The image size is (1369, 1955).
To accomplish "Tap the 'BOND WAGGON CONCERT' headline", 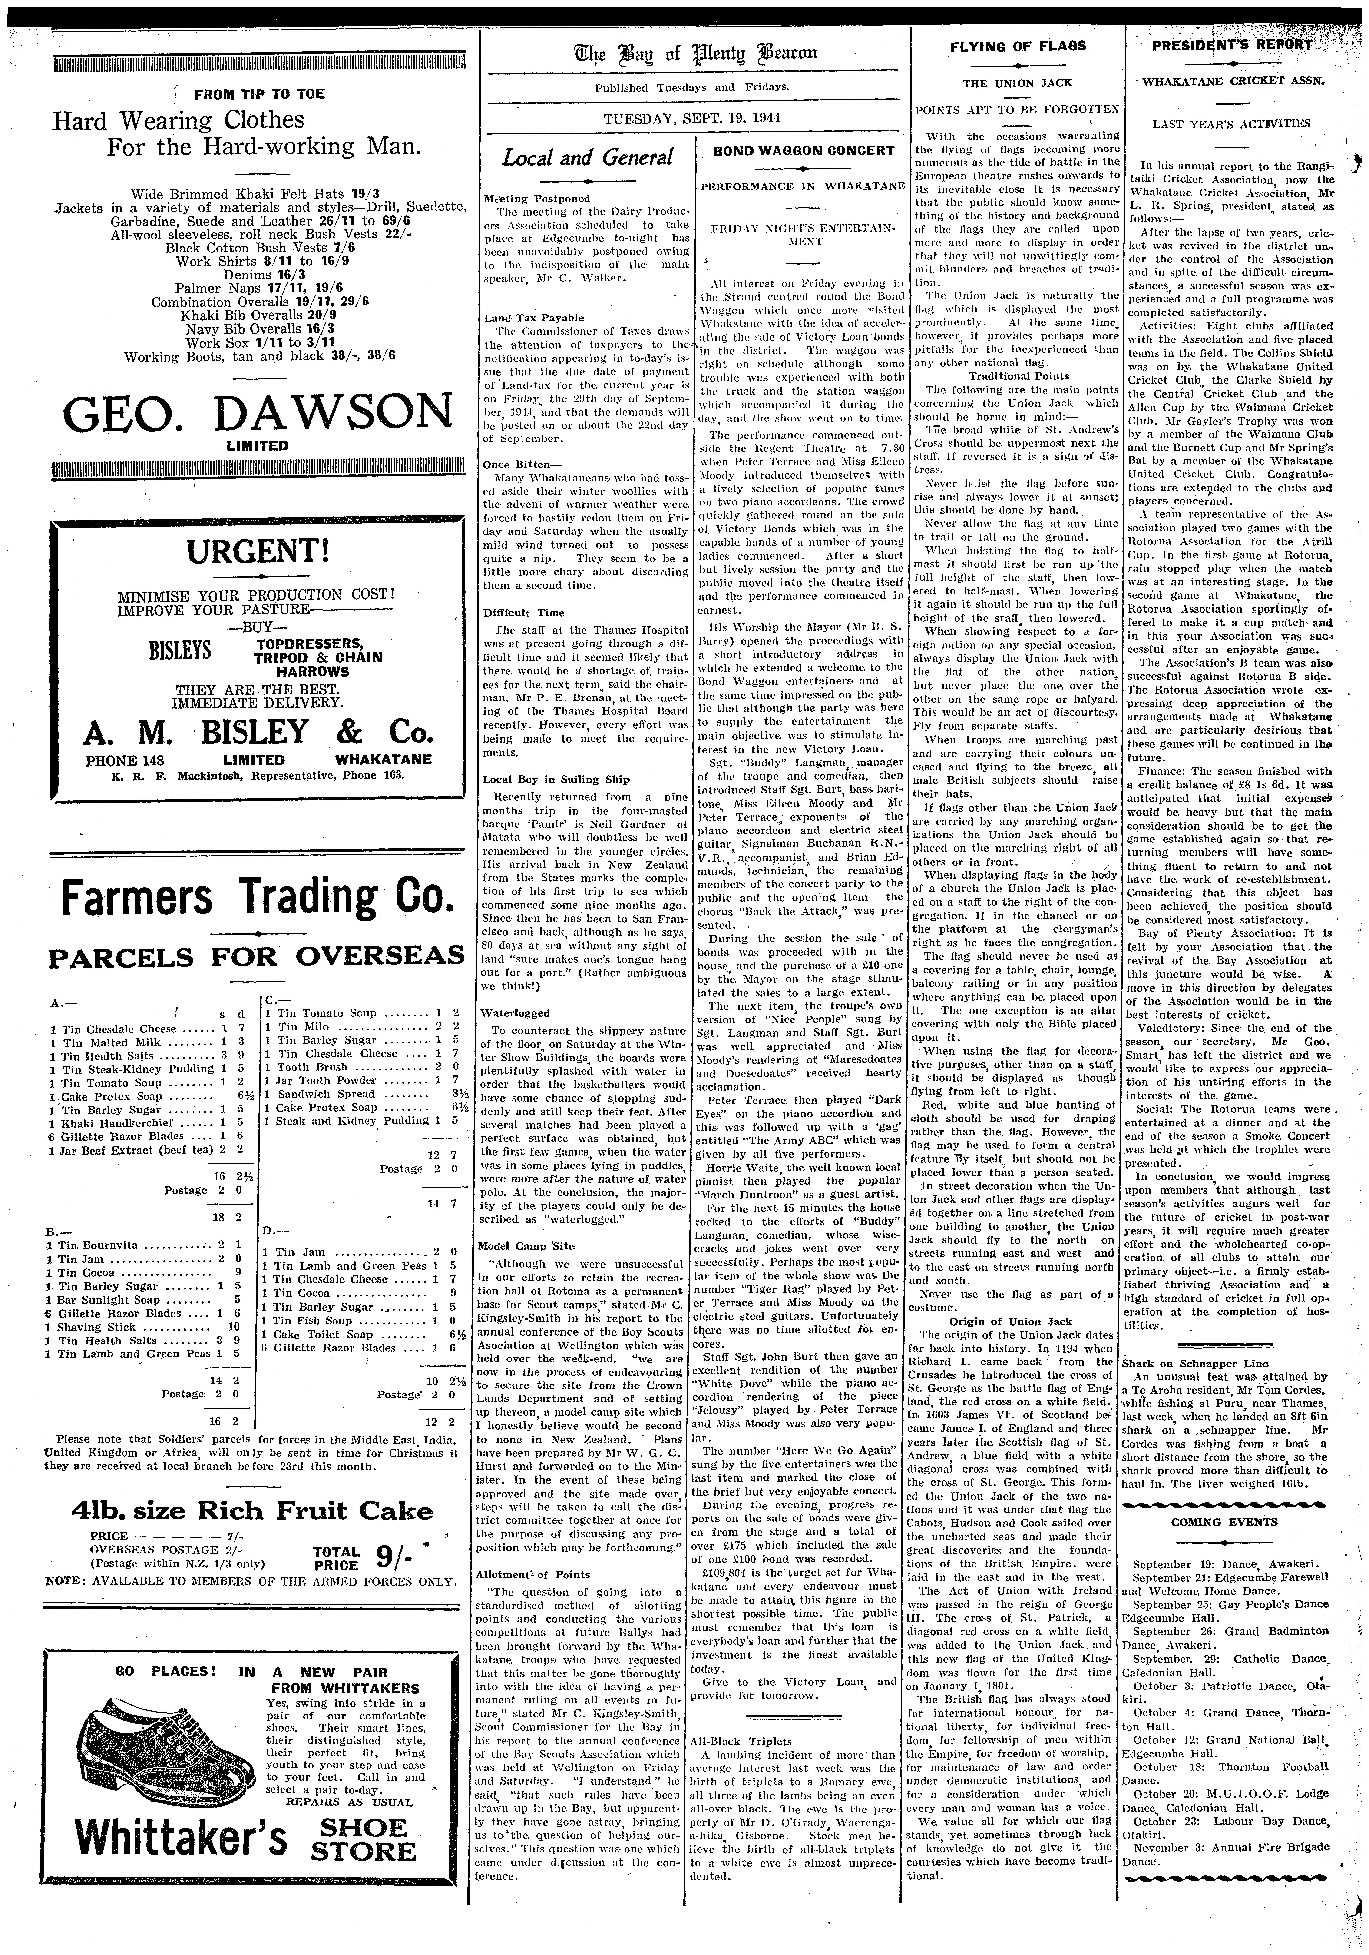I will pos(804,151).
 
